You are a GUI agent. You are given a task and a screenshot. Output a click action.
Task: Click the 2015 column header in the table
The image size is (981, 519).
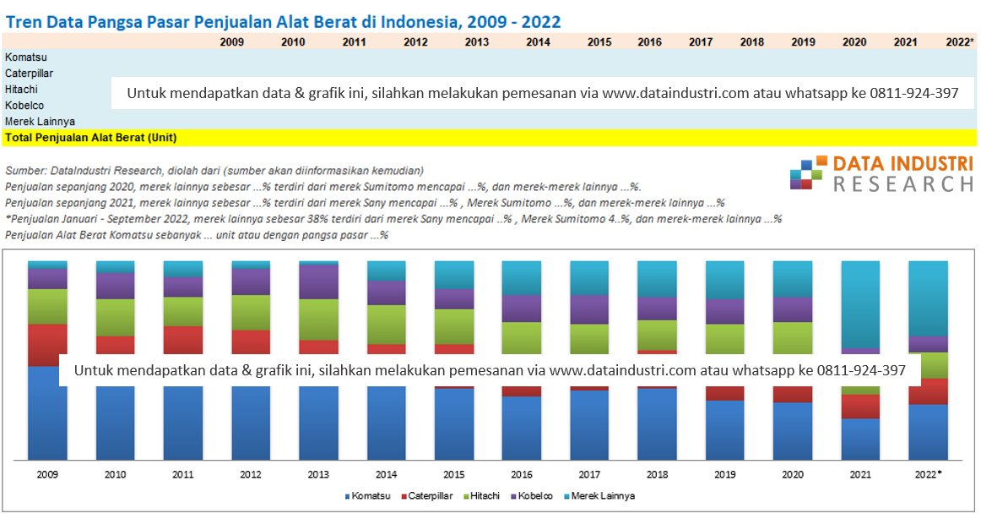[599, 41]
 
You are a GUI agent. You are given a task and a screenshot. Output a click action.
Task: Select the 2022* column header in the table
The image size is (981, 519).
[960, 41]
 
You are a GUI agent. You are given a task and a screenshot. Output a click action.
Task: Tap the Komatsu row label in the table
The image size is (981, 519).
[25, 57]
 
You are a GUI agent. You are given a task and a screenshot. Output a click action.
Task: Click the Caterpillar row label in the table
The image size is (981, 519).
[30, 74]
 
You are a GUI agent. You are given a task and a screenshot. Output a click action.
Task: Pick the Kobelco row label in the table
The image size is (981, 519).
[24, 106]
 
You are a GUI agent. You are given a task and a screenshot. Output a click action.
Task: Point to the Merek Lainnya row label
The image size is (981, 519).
[40, 122]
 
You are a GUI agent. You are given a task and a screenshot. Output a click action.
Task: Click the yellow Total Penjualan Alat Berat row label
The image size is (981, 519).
[90, 137]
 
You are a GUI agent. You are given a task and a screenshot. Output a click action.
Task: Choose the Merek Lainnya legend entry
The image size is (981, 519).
[601, 496]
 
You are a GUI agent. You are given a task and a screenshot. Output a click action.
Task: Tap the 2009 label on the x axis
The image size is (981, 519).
[47, 475]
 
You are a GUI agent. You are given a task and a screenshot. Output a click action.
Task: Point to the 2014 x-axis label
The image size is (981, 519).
[387, 475]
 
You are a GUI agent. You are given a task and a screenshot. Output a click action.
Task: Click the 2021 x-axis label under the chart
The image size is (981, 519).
[860, 475]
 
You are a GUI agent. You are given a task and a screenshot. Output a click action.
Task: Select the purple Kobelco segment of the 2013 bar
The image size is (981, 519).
[319, 281]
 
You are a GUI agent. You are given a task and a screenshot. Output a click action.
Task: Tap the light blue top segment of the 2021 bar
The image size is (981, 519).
[860, 304]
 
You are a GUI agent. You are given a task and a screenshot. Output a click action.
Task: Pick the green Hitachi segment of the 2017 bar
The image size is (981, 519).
[590, 338]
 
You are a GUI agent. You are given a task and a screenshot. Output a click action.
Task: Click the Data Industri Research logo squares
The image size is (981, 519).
[805, 173]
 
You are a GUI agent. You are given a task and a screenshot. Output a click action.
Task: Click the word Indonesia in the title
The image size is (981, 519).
[417, 21]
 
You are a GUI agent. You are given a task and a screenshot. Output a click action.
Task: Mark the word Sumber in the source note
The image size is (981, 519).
[22, 171]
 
